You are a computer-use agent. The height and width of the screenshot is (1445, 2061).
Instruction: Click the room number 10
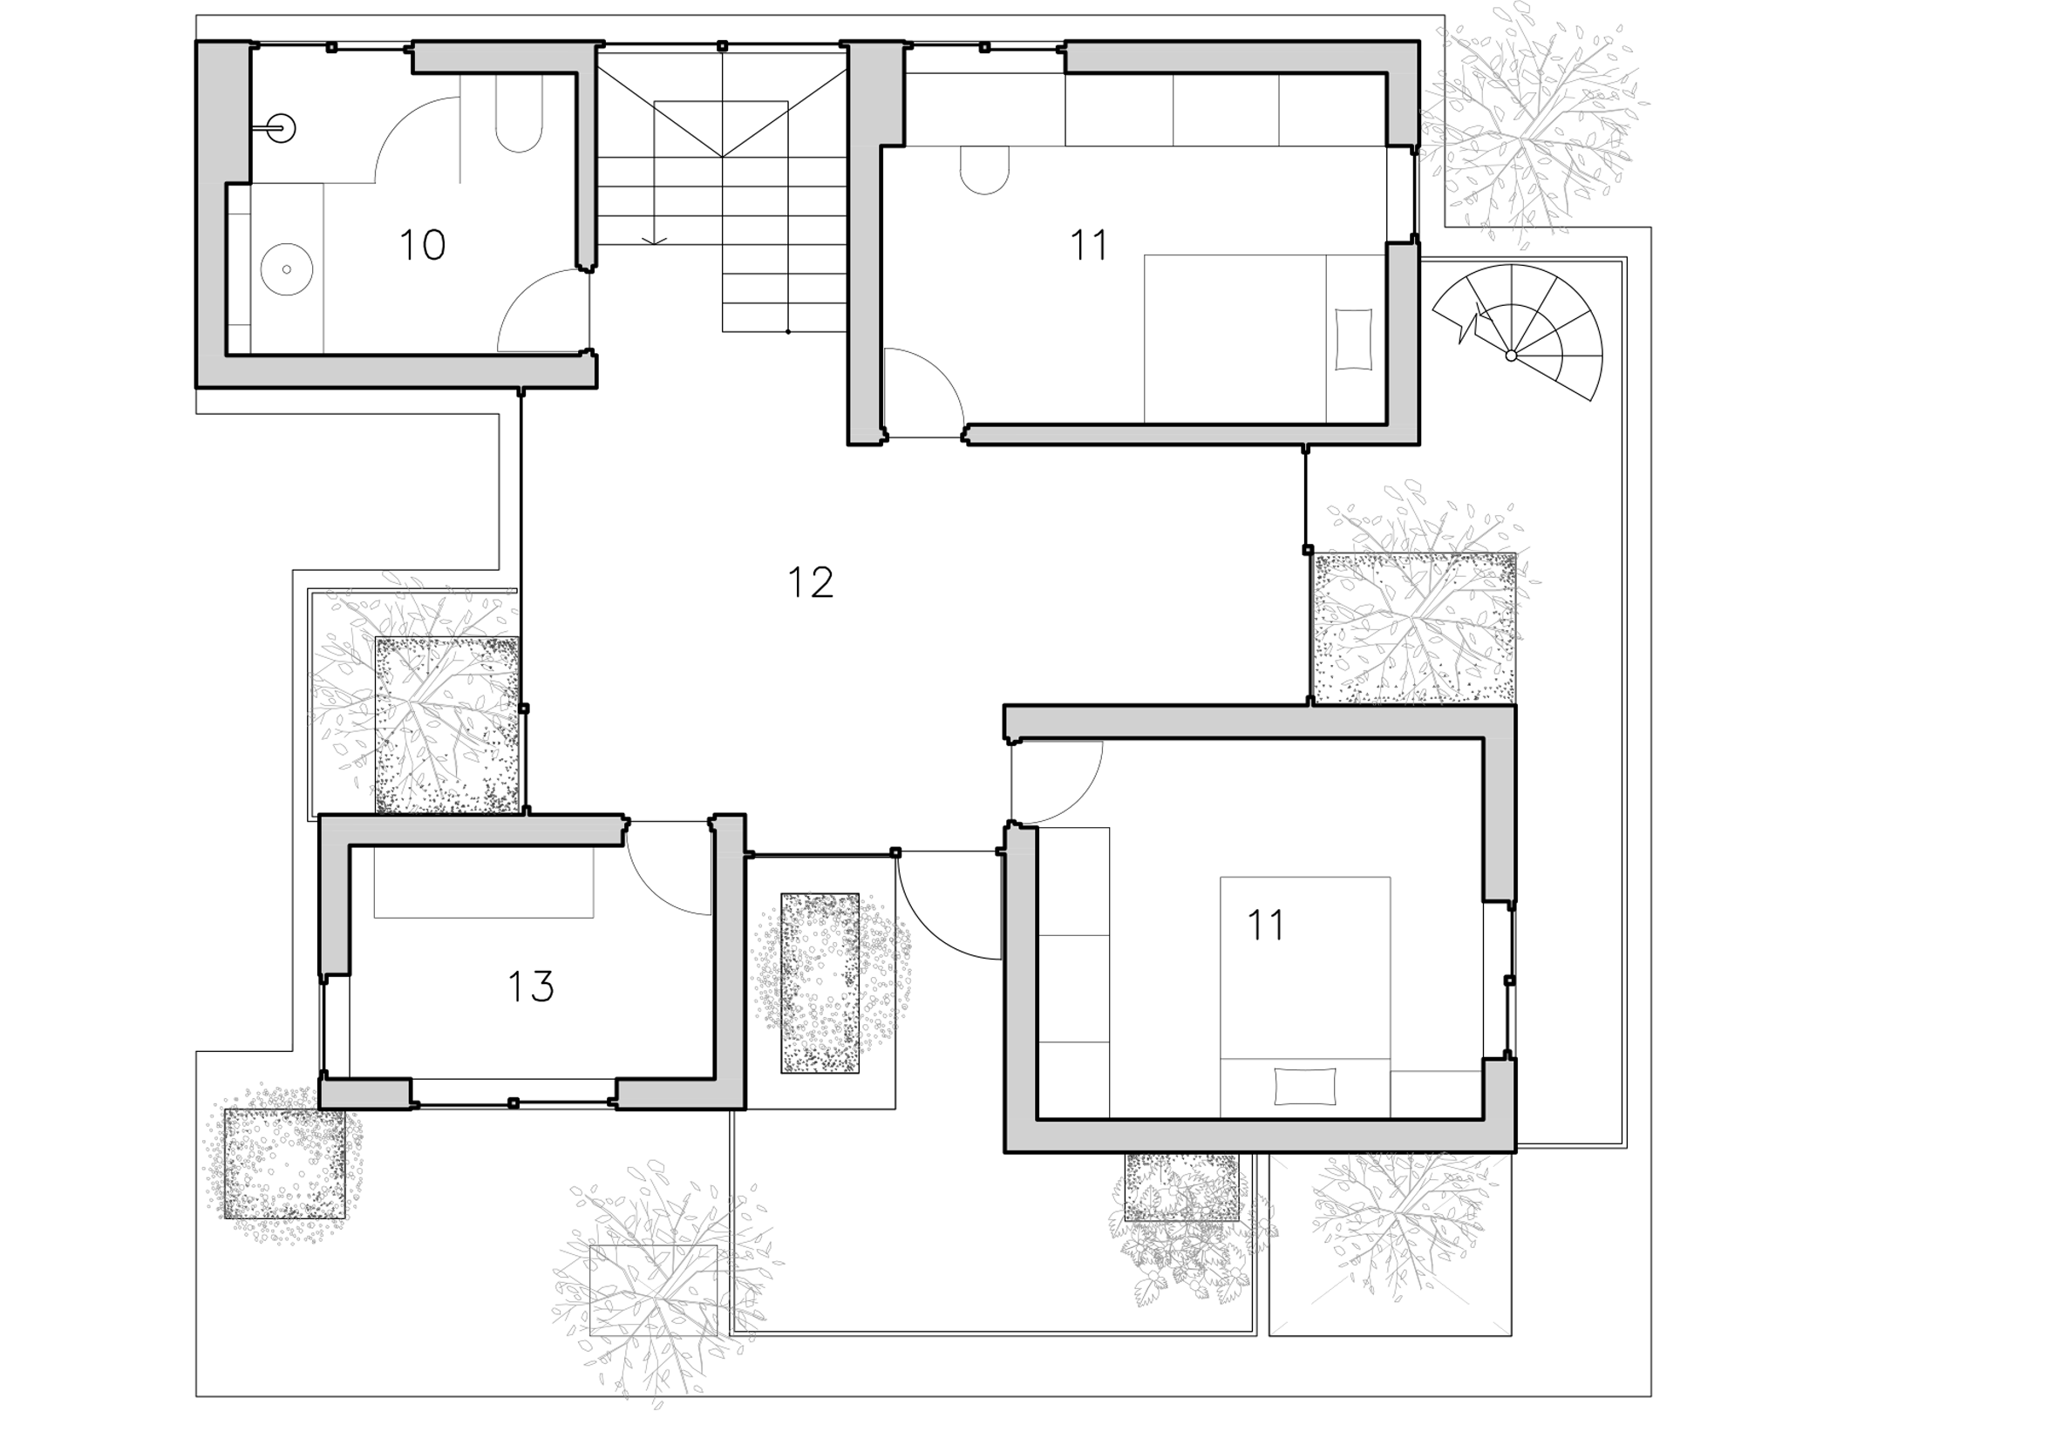[422, 245]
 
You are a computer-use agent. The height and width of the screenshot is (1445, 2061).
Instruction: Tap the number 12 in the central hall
[811, 582]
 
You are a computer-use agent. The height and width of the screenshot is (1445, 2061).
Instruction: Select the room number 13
[531, 987]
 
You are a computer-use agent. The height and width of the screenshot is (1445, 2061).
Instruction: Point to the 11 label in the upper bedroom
[1089, 245]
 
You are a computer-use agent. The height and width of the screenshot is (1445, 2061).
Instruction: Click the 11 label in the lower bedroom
[1266, 925]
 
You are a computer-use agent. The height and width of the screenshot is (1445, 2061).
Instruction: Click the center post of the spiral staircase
[1511, 356]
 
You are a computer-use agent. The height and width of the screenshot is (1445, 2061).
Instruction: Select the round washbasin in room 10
[286, 268]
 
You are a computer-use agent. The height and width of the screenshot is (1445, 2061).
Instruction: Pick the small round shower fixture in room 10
[282, 129]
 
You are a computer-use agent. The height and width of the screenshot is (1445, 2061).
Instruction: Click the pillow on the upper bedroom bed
[1354, 339]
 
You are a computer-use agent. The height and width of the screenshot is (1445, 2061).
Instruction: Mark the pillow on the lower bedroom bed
[1304, 1087]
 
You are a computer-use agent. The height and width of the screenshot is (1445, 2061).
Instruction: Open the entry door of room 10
[543, 309]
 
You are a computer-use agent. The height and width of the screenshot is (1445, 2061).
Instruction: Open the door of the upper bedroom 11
[923, 394]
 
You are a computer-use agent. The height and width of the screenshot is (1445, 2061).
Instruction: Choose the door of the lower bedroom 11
[1056, 783]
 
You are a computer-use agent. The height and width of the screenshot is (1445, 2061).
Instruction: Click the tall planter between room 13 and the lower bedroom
[820, 983]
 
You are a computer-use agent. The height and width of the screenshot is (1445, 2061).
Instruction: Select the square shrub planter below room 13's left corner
[283, 1163]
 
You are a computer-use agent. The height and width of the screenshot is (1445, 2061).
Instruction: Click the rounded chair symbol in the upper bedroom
[983, 170]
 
